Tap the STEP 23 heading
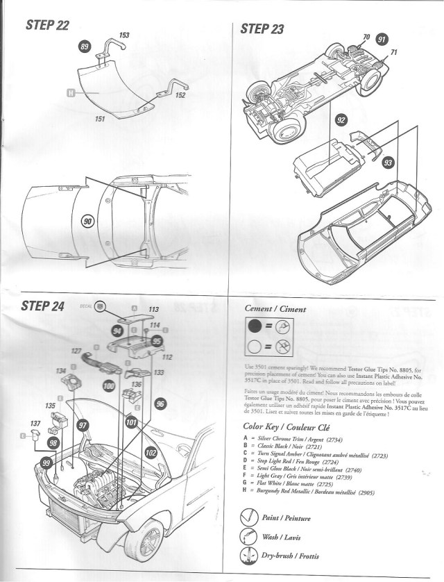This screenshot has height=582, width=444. pyautogui.click(x=263, y=28)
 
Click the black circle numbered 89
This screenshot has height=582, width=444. pyautogui.click(x=85, y=47)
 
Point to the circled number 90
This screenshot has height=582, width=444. pyautogui.click(x=88, y=221)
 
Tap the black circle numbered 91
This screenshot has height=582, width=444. pyautogui.click(x=382, y=39)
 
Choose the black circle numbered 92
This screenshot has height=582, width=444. pyautogui.click(x=341, y=120)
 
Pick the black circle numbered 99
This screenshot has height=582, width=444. pyautogui.click(x=46, y=463)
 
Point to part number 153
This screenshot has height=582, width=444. pyautogui.click(x=124, y=35)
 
